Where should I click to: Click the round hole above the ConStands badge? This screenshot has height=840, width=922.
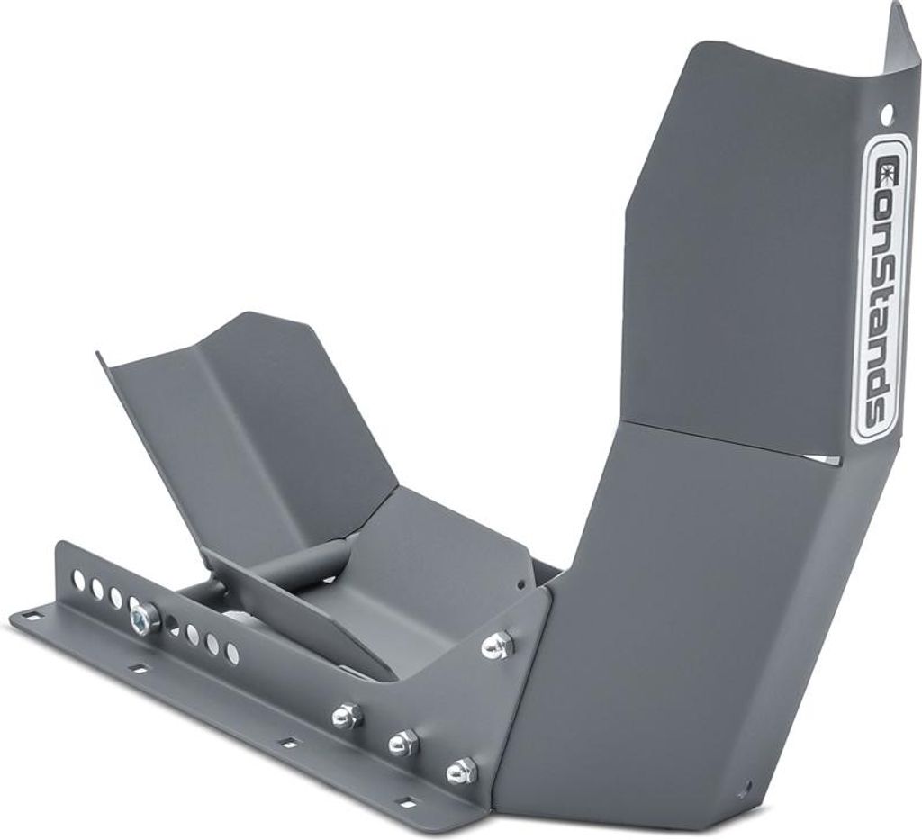pos(888,111)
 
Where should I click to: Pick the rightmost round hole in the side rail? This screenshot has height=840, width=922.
pos(233,650)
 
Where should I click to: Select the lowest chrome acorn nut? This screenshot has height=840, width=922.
pos(459,770)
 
